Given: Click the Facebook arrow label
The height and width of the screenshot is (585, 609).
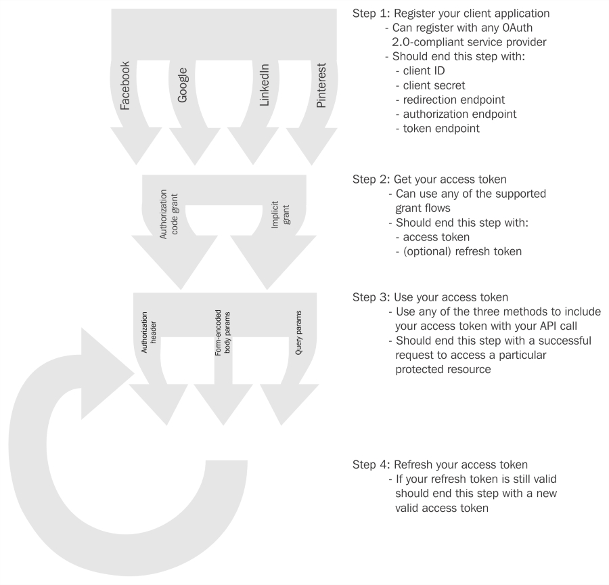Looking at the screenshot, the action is click(125, 85).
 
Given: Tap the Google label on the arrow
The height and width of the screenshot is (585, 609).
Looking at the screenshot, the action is click(183, 85).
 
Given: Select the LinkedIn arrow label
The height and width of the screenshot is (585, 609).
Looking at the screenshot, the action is click(264, 85).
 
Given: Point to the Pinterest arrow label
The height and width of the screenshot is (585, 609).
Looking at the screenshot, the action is click(321, 85).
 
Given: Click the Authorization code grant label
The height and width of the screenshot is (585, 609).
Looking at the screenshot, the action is click(168, 214).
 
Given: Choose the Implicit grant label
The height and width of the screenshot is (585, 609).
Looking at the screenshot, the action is click(280, 215).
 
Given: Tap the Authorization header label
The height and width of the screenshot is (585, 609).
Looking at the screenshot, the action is click(149, 332).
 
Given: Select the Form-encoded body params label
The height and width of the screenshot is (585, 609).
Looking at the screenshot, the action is click(223, 332).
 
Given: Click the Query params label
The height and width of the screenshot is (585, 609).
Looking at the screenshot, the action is click(298, 332).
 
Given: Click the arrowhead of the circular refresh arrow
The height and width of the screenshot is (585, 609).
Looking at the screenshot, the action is click(102, 374).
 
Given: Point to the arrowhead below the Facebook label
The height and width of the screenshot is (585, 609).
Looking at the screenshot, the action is click(136, 146).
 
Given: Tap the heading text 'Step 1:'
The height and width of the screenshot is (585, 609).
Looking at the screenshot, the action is click(371, 14).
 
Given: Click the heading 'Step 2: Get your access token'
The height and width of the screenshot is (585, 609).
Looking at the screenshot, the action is click(430, 179).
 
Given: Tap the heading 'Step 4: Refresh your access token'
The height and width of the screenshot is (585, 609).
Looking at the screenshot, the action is click(440, 465).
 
